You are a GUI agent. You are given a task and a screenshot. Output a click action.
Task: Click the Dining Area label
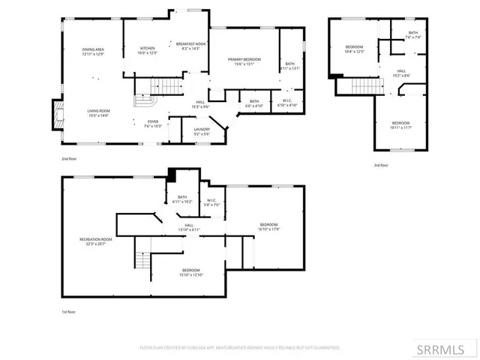coord(93,52)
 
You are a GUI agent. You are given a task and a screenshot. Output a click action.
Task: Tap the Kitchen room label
coord(148,51)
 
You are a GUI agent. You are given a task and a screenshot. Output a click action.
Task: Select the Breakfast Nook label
coord(191,46)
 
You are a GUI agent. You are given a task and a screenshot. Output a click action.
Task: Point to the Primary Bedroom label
coord(244,61)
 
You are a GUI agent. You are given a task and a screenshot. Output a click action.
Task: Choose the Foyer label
coord(151,124)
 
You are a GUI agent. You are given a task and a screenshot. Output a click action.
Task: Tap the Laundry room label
coord(202,132)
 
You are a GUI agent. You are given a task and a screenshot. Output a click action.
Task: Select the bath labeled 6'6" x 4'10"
coord(253,103)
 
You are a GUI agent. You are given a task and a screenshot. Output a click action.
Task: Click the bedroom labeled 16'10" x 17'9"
coord(268,226)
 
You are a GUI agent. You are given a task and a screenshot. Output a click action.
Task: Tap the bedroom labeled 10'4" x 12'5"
coord(353,49)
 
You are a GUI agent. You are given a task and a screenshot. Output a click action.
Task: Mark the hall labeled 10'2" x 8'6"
coord(401,73)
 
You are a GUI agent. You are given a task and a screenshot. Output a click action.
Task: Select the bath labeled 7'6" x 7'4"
coord(413,34)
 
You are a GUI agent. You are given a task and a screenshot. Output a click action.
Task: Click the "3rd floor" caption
coord(381,165)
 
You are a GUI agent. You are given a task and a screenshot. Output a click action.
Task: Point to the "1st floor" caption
coord(68,310)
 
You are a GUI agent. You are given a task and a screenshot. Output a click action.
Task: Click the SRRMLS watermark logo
coord(446,349)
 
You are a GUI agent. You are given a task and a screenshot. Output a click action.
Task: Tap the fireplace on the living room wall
coord(55,114)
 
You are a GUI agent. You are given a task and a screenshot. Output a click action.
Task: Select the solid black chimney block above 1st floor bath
coord(172,175)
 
